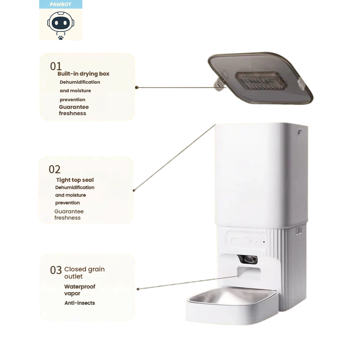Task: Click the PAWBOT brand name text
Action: [61, 4]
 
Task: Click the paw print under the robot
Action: [61, 37]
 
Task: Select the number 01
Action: [56, 66]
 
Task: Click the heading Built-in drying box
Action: [83, 74]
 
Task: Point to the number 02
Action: [54, 170]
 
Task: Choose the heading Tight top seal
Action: [75, 180]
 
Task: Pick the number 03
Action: [56, 270]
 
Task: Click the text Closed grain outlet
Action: [84, 273]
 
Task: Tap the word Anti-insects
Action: [80, 303]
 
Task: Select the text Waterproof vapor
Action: [80, 290]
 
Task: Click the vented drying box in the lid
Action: [261, 81]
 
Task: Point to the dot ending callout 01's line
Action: [137, 87]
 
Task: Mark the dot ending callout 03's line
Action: [138, 289]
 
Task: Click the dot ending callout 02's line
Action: [134, 190]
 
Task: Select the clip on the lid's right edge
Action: [302, 84]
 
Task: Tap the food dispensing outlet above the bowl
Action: [249, 273]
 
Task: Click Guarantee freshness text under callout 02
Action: [69, 215]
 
